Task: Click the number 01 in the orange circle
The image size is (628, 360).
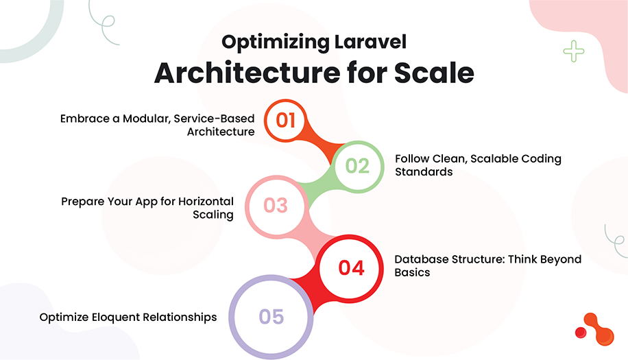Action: coord(285,120)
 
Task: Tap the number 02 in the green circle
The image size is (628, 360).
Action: coord(357,165)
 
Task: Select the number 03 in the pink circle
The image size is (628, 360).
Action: coord(275,205)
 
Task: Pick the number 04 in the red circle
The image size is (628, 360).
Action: coord(351,267)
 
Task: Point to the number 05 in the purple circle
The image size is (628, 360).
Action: coord(271,316)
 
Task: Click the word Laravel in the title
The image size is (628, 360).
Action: coord(369,43)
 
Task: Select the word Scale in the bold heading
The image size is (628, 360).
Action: coord(433,73)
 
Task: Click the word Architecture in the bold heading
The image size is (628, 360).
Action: coord(243,73)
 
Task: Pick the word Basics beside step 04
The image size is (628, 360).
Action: coord(412,272)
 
